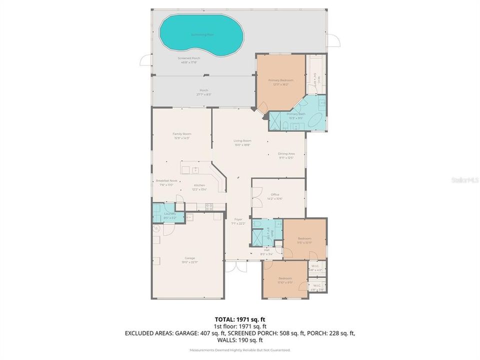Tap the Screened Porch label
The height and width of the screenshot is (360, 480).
pyautogui.click(x=187, y=58)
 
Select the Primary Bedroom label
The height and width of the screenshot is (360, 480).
pyautogui.click(x=280, y=80)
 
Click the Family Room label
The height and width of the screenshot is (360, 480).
pyautogui.click(x=182, y=134)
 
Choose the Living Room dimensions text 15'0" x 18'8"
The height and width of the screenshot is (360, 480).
pyautogui.click(x=242, y=145)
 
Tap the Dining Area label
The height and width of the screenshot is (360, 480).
pyautogui.click(x=286, y=153)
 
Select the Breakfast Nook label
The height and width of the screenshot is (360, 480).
pyautogui.click(x=166, y=180)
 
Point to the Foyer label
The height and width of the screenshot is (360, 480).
pyautogui.click(x=238, y=219)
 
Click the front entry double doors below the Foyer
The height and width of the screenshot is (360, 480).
pyautogui.click(x=235, y=265)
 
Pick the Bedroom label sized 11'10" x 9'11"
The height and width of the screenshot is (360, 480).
pyautogui.click(x=285, y=278)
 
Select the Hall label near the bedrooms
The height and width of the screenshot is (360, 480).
pyautogui.click(x=266, y=249)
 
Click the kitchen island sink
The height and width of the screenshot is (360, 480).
pyautogui.click(x=196, y=170)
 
